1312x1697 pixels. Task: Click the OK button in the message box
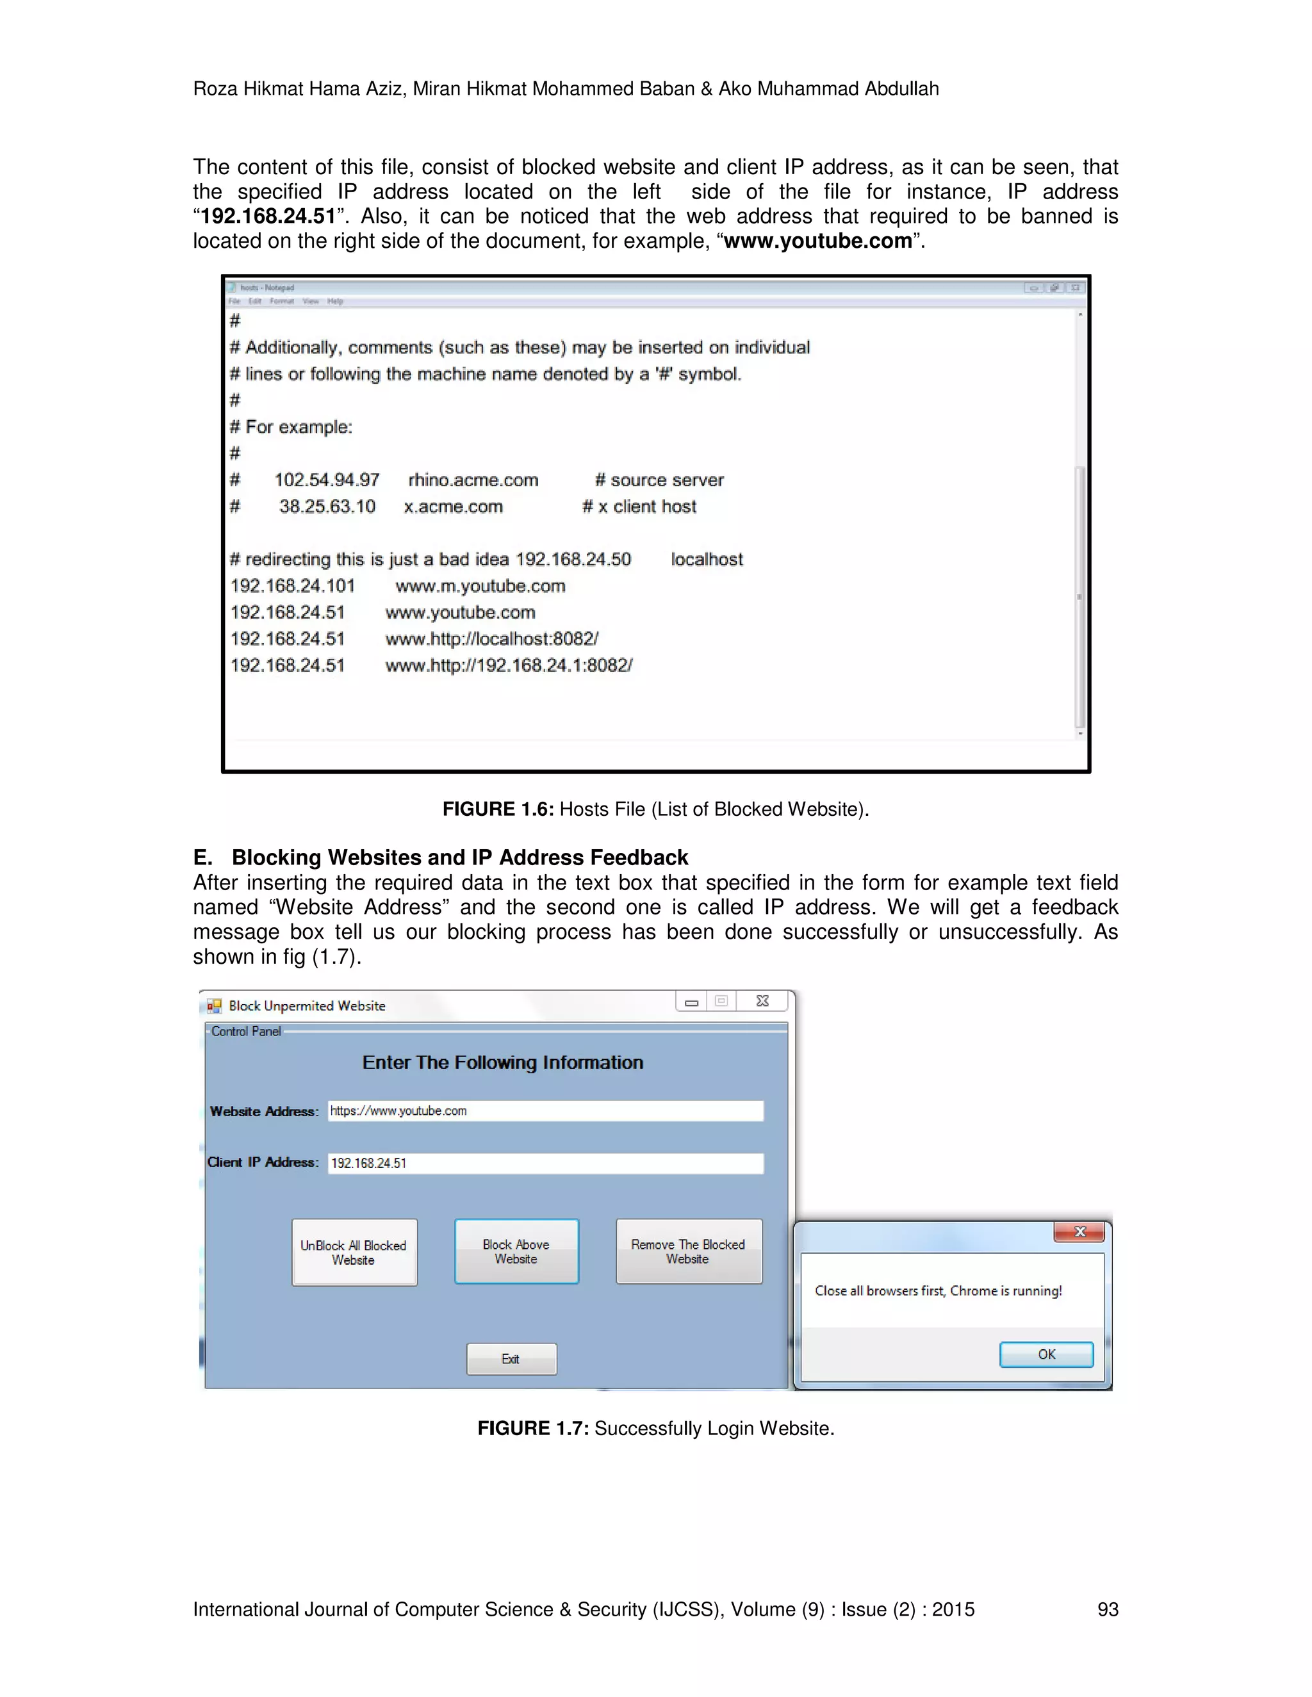[x=1045, y=1354]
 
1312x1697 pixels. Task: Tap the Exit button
[x=511, y=1359]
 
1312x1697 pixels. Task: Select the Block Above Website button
[x=516, y=1252]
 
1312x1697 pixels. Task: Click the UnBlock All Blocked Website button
[x=354, y=1253]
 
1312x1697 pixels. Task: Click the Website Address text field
[x=545, y=1111]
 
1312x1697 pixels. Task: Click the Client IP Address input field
[x=545, y=1163]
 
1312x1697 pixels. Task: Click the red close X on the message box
[x=1079, y=1231]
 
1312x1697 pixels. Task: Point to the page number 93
[x=1107, y=1609]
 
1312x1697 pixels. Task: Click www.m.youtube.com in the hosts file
[x=480, y=586]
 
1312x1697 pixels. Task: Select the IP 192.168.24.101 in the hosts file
[x=292, y=586]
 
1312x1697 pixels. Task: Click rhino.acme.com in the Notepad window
[x=473, y=480]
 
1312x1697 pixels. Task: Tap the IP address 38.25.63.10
[x=327, y=507]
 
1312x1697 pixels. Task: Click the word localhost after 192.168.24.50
[x=706, y=560]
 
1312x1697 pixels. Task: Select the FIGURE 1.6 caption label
[x=497, y=809]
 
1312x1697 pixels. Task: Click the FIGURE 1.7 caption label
[x=532, y=1428]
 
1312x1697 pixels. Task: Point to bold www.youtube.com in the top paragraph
[x=817, y=241]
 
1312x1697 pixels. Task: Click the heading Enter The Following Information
[x=502, y=1062]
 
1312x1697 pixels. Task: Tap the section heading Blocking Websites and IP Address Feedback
[x=459, y=857]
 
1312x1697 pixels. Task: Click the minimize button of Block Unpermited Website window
[x=691, y=1002]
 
